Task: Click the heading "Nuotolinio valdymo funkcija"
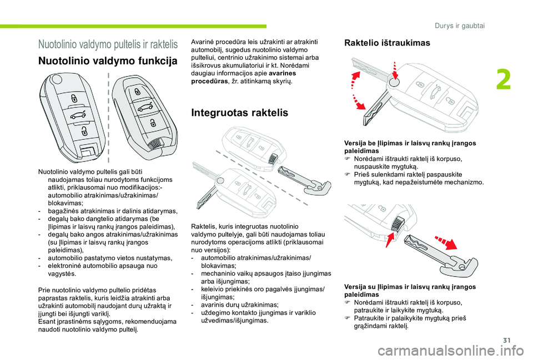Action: click(x=107, y=61)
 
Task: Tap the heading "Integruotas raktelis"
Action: click(x=239, y=113)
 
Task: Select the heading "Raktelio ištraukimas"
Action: click(x=387, y=43)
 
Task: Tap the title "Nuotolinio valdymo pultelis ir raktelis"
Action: click(x=108, y=43)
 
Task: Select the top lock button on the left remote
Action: click(x=73, y=99)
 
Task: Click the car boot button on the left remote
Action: click(x=77, y=115)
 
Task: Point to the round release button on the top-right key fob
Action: click(x=393, y=83)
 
